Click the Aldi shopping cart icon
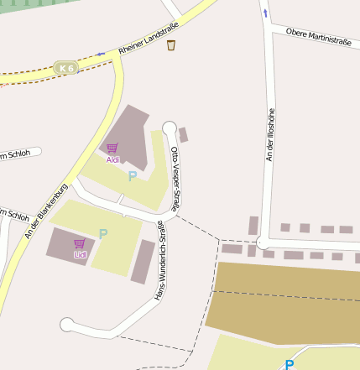tap(112, 148)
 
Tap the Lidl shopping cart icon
tap(80, 243)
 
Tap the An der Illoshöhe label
tap(270, 134)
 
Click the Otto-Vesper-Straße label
tap(175, 178)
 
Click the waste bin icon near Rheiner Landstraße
tap(171, 45)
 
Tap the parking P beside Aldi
tap(132, 176)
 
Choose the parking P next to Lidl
tap(103, 234)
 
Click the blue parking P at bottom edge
tap(289, 364)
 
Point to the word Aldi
tap(112, 159)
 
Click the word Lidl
tap(80, 254)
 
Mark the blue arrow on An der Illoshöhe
tap(265, 13)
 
